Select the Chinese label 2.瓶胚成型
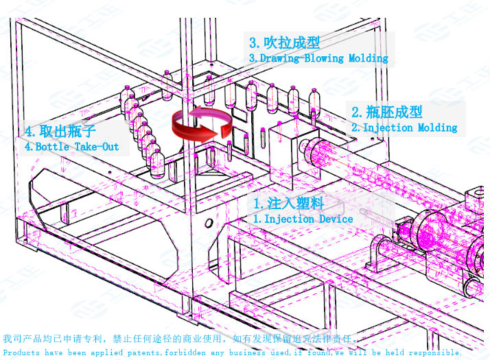coord(387,112)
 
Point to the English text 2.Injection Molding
coord(404,128)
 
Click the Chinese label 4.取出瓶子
coord(60,131)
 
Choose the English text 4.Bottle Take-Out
coord(72,147)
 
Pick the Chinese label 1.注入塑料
coord(288,204)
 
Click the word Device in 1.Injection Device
coord(336,219)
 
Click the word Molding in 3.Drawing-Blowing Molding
coord(369,58)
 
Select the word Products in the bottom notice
coord(21,352)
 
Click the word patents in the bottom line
coord(141,352)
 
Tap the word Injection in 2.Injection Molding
coord(388,128)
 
